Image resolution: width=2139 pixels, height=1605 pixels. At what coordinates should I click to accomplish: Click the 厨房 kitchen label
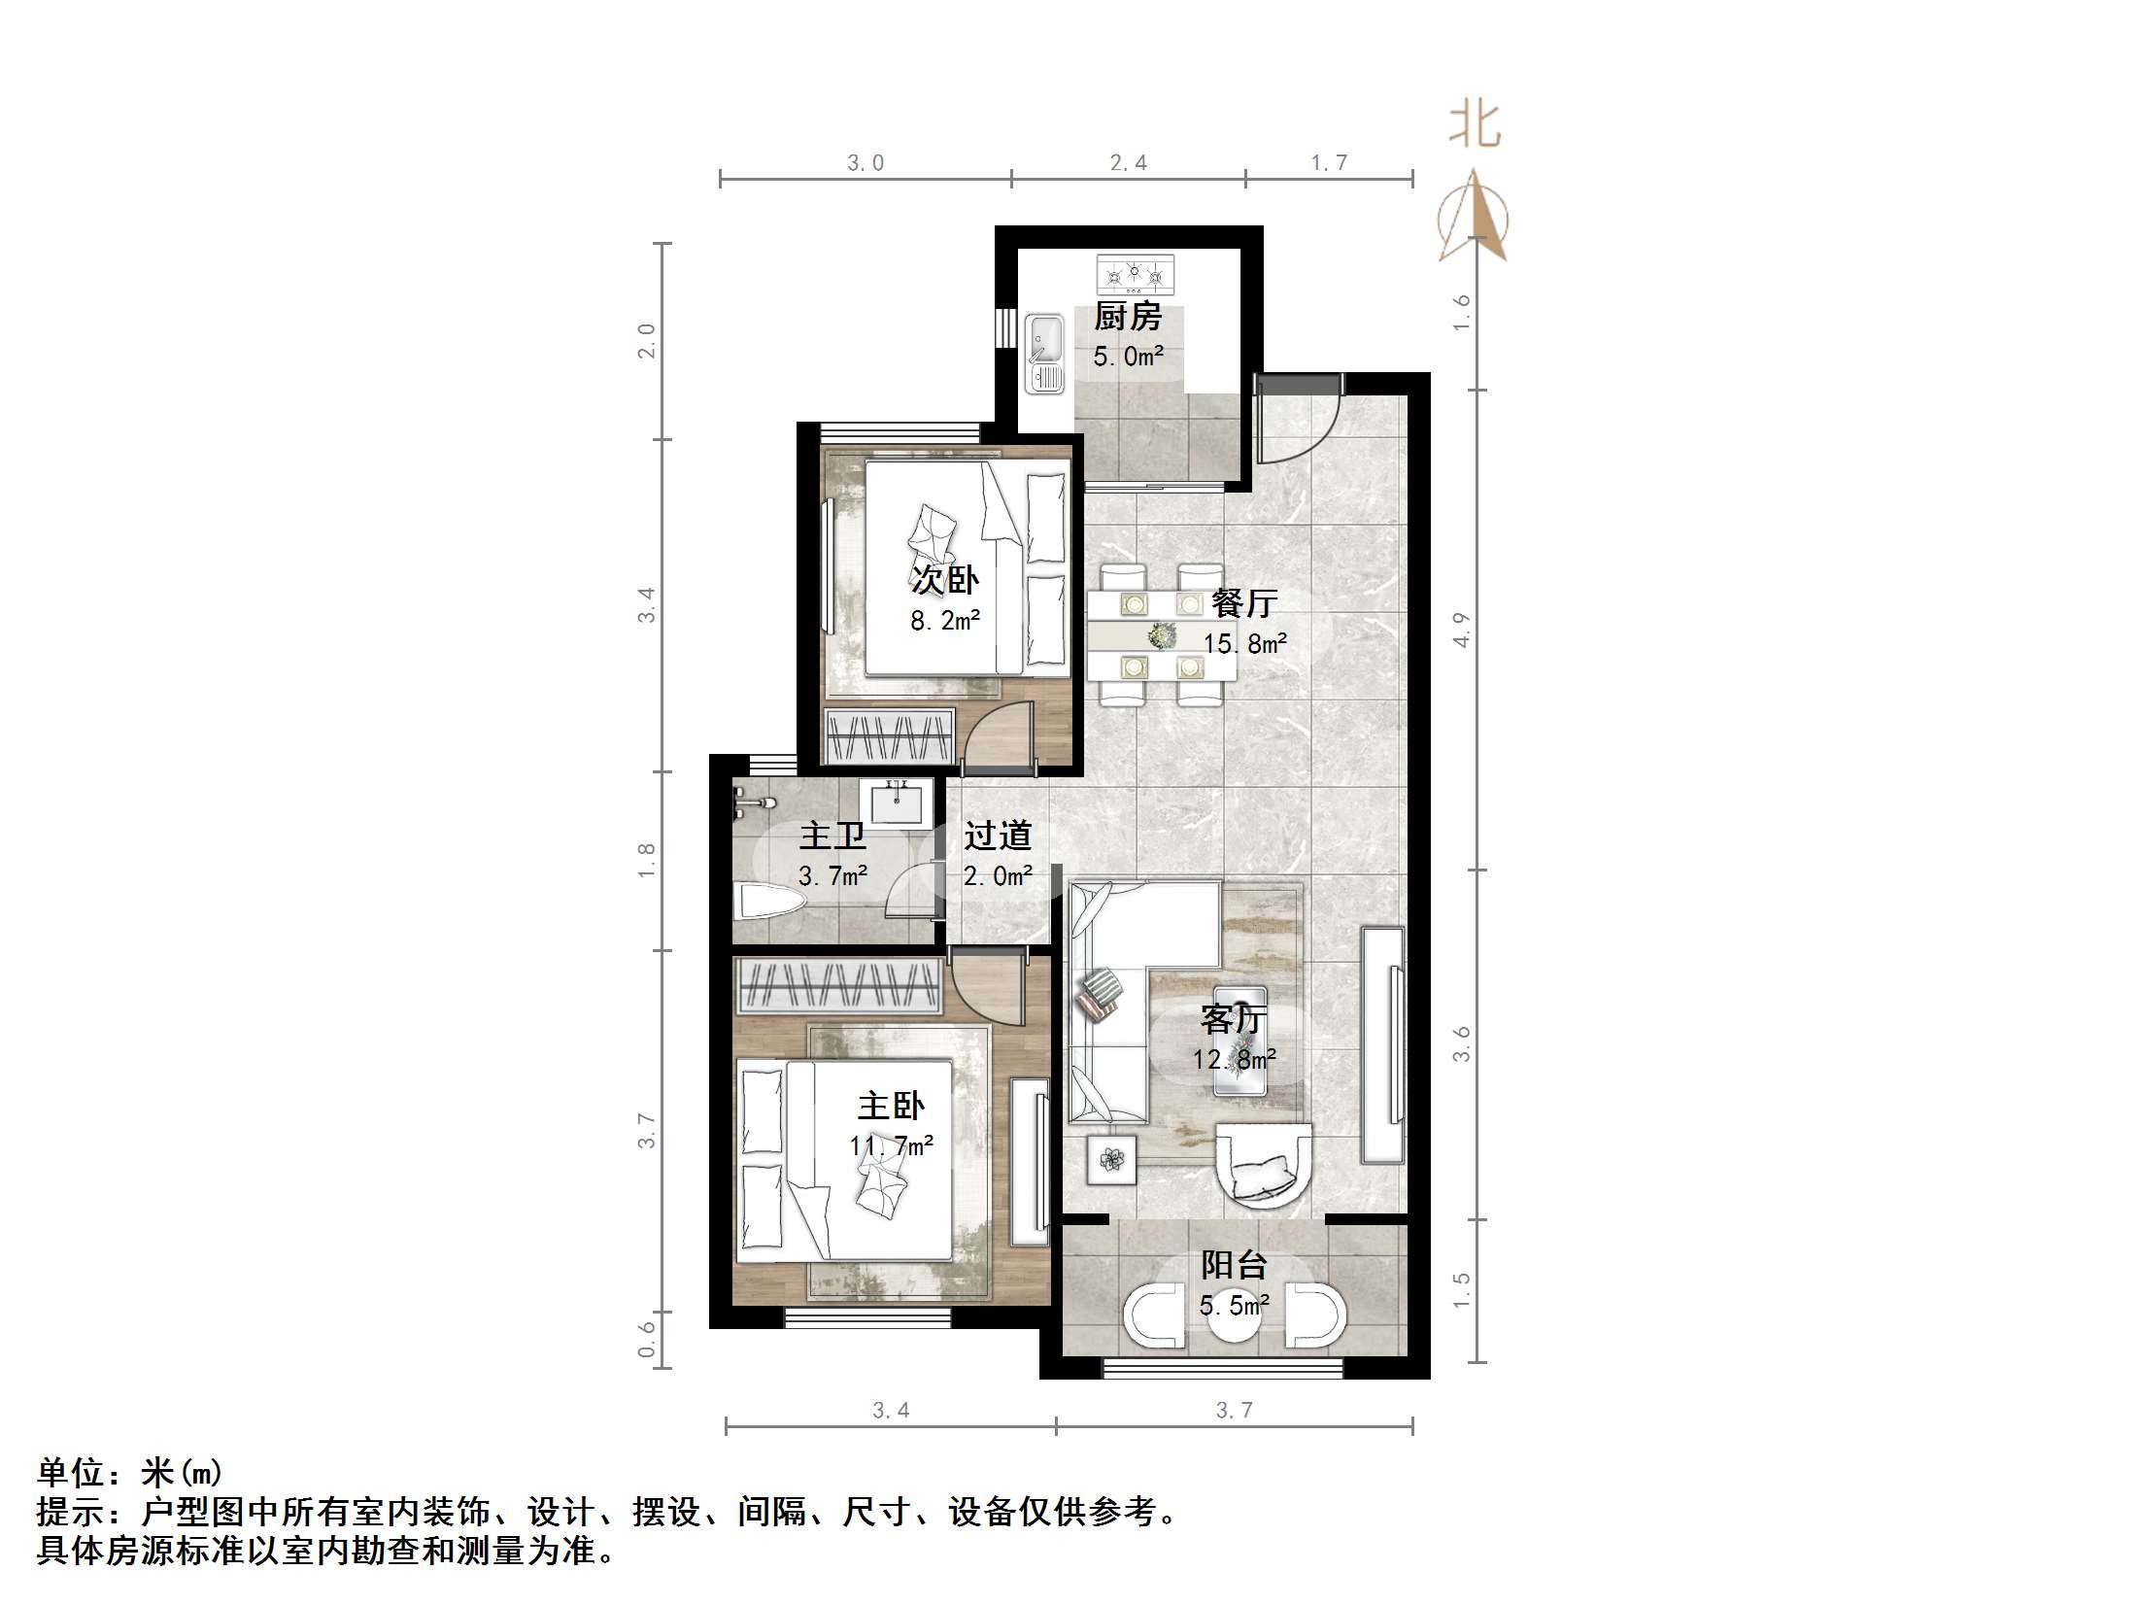coord(1127,317)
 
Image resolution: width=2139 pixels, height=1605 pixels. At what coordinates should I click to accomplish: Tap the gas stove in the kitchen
coord(1135,275)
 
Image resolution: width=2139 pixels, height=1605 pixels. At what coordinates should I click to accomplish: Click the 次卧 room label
coord(944,580)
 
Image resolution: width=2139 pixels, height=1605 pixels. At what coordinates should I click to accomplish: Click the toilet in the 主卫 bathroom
coord(769,900)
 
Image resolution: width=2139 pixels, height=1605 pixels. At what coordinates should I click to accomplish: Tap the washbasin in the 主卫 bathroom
coord(897,803)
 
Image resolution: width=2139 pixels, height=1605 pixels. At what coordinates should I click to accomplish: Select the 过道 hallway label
coord(998,836)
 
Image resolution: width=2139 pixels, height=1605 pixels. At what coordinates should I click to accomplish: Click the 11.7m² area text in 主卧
coord(892,1146)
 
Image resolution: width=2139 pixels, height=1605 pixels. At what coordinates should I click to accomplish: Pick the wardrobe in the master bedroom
coord(838,986)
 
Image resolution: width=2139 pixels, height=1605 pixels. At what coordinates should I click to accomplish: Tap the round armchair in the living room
coord(1264,1167)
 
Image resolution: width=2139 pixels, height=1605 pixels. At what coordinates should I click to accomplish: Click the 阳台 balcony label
coord(1234,1265)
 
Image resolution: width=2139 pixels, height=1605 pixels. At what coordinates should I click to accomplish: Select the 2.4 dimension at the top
coord(1128,163)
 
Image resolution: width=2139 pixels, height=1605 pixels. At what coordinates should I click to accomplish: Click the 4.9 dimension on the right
coord(1462,630)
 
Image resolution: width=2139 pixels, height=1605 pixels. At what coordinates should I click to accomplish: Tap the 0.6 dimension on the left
coord(647,1340)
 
